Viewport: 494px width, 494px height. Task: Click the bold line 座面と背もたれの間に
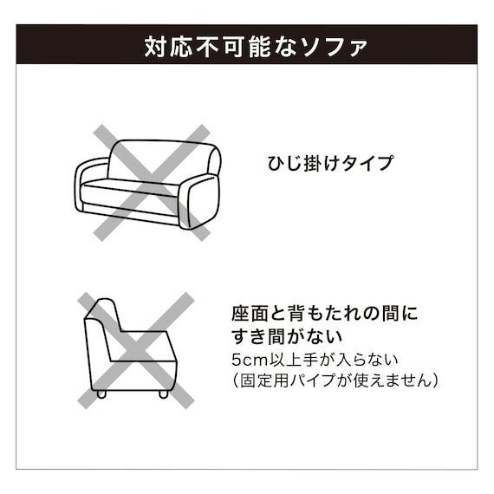coord(324,312)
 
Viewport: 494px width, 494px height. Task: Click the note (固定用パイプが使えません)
coord(335,380)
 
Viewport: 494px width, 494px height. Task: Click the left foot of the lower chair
coord(103,393)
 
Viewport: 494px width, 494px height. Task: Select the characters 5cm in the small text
coord(248,359)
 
